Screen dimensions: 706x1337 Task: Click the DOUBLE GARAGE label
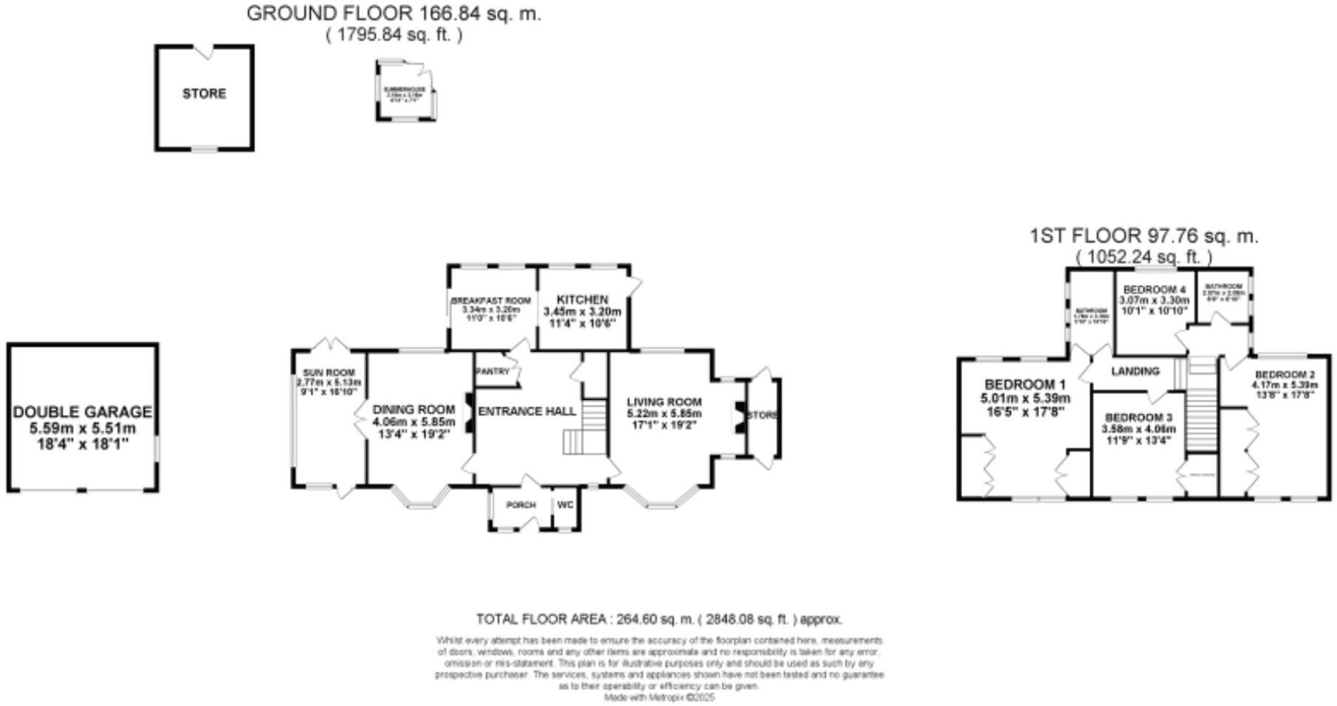(82, 412)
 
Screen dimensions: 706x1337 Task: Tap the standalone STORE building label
(204, 94)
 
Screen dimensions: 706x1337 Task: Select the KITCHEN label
(582, 299)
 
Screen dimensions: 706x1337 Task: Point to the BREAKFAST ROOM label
(491, 301)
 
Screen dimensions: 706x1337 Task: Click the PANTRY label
(493, 372)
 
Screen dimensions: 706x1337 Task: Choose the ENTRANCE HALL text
(527, 411)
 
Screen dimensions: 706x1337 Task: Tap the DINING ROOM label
(413, 410)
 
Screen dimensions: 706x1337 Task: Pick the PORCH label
(521, 505)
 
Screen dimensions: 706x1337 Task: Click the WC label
(565, 505)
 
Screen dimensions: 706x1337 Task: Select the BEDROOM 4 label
(1154, 290)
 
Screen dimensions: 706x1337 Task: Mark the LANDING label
(1135, 371)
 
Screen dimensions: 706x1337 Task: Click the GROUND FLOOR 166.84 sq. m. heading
(393, 13)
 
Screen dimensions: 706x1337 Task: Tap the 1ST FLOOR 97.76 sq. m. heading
(1143, 237)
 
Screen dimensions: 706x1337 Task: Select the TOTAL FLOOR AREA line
(659, 620)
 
